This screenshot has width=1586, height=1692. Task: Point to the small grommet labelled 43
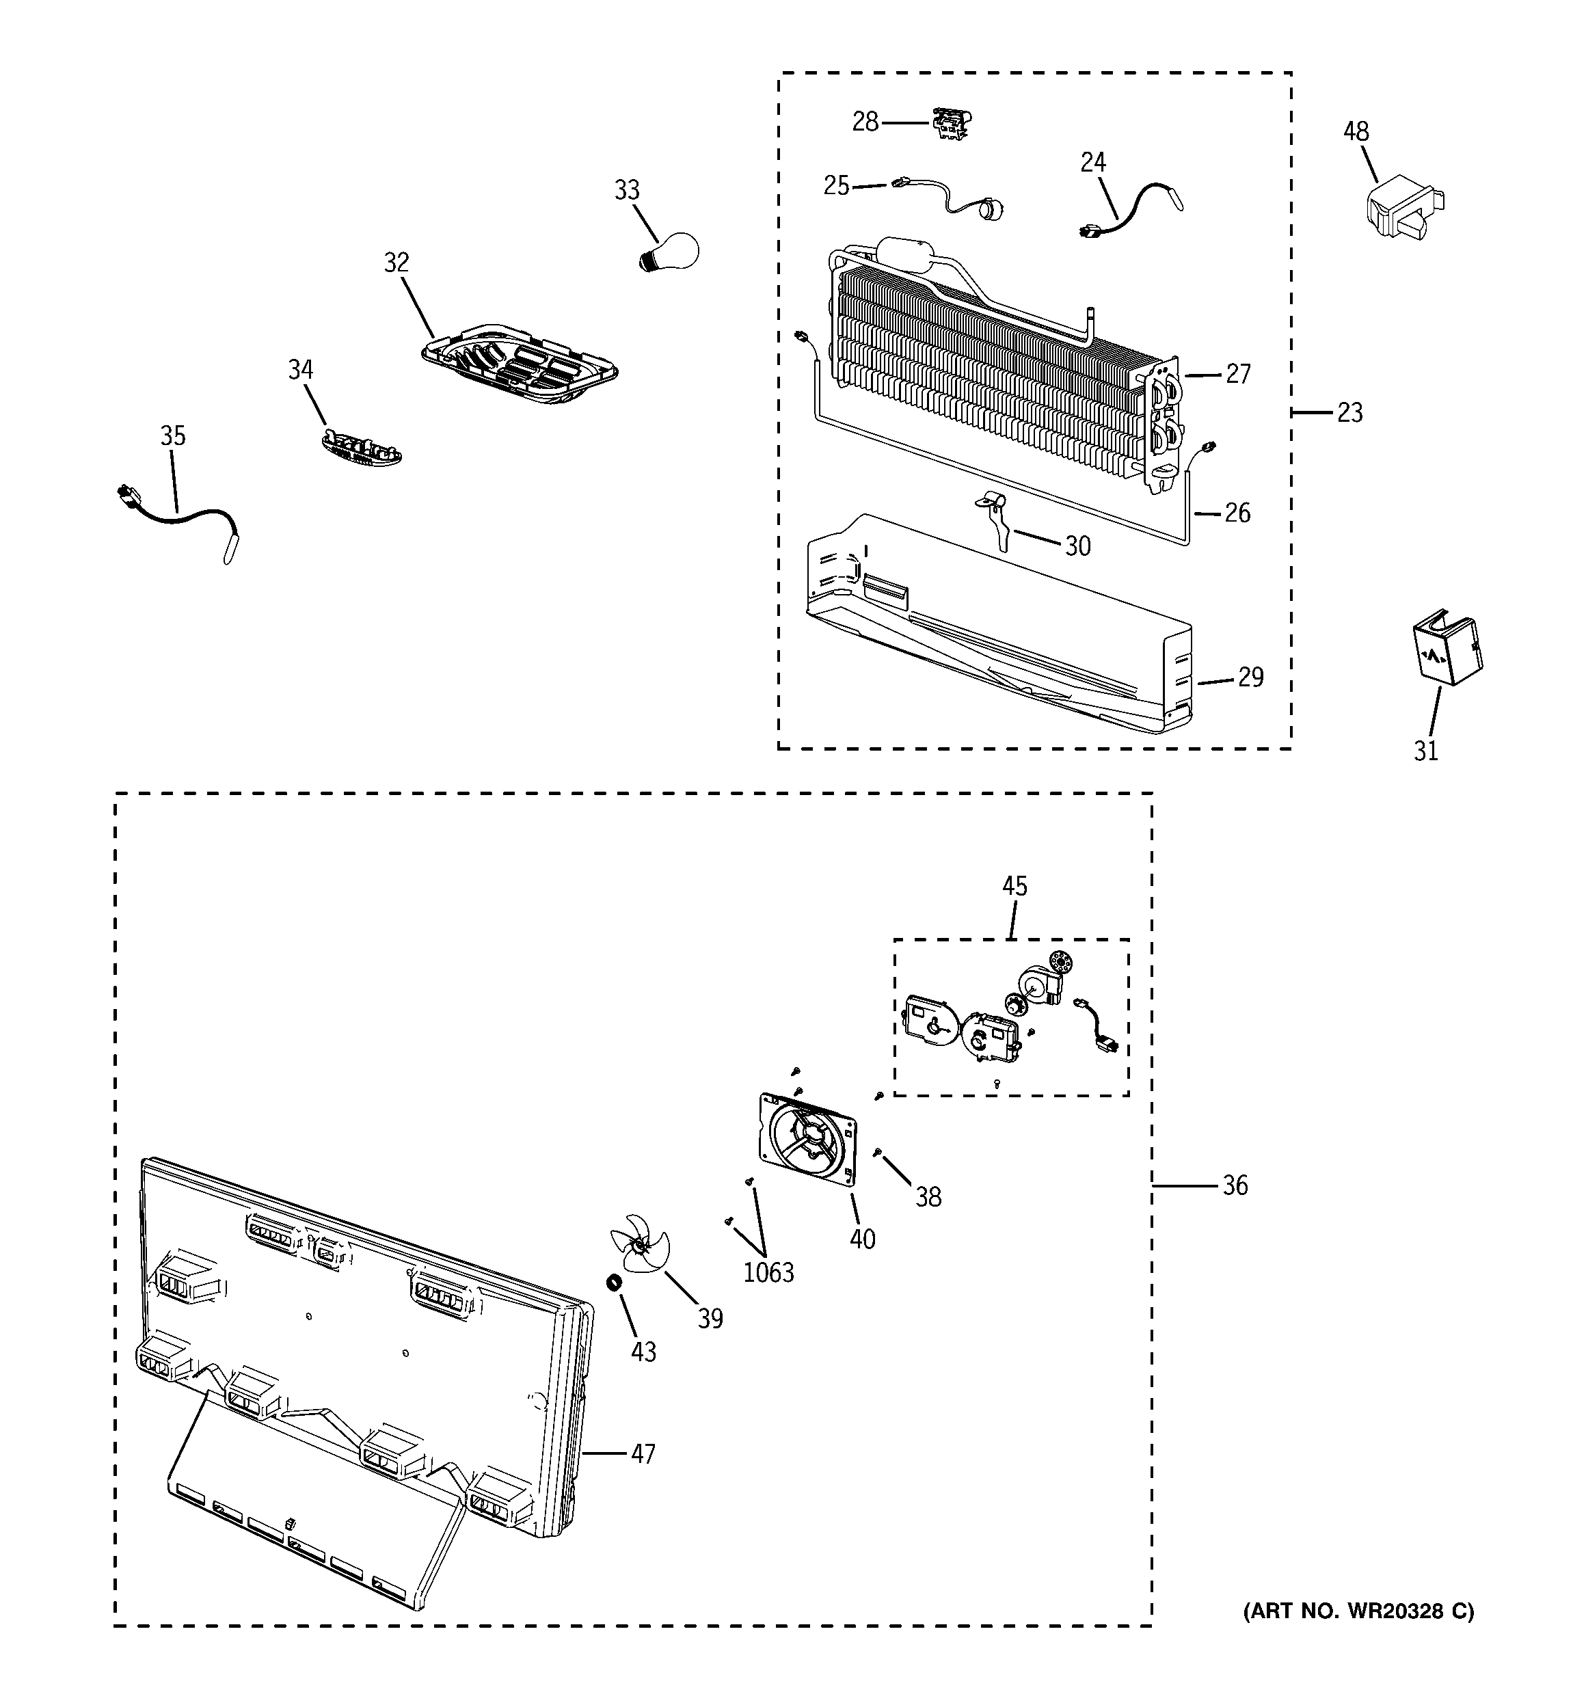pos(611,1282)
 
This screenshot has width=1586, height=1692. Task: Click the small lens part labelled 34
pos(362,448)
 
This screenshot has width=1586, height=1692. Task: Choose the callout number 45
pos(1014,886)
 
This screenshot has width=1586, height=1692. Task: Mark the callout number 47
pos(643,1453)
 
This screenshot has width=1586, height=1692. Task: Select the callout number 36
pos(1235,1185)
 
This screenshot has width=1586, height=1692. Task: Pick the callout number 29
pos(1250,677)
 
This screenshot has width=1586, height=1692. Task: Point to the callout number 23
pos(1349,413)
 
